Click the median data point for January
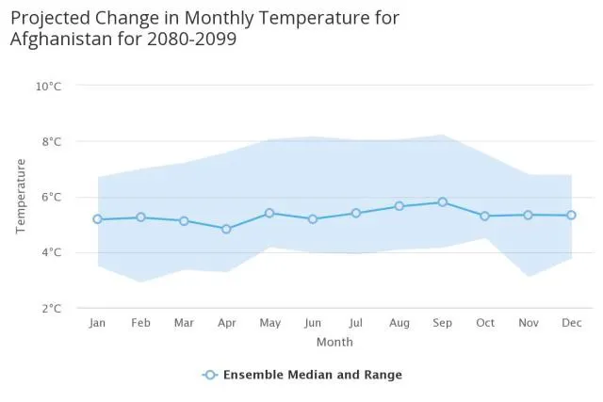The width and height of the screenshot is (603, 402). click(x=97, y=219)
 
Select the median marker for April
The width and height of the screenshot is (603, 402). click(x=226, y=229)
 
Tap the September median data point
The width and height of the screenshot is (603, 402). click(x=442, y=202)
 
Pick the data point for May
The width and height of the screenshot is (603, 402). click(x=269, y=213)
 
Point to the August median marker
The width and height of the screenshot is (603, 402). click(x=399, y=206)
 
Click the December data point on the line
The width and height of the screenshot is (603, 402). click(x=571, y=216)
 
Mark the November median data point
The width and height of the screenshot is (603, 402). click(x=528, y=215)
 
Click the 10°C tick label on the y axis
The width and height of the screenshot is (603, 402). click(x=49, y=87)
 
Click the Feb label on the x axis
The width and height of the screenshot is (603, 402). click(x=140, y=324)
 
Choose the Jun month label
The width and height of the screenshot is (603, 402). click(x=313, y=324)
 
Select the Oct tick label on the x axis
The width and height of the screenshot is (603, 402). click(x=485, y=324)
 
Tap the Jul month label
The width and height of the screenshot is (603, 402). click(x=356, y=324)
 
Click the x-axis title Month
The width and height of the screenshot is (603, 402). click(x=334, y=342)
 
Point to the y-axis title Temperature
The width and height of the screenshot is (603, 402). click(x=21, y=197)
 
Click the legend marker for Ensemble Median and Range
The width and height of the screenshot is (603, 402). click(x=211, y=375)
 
